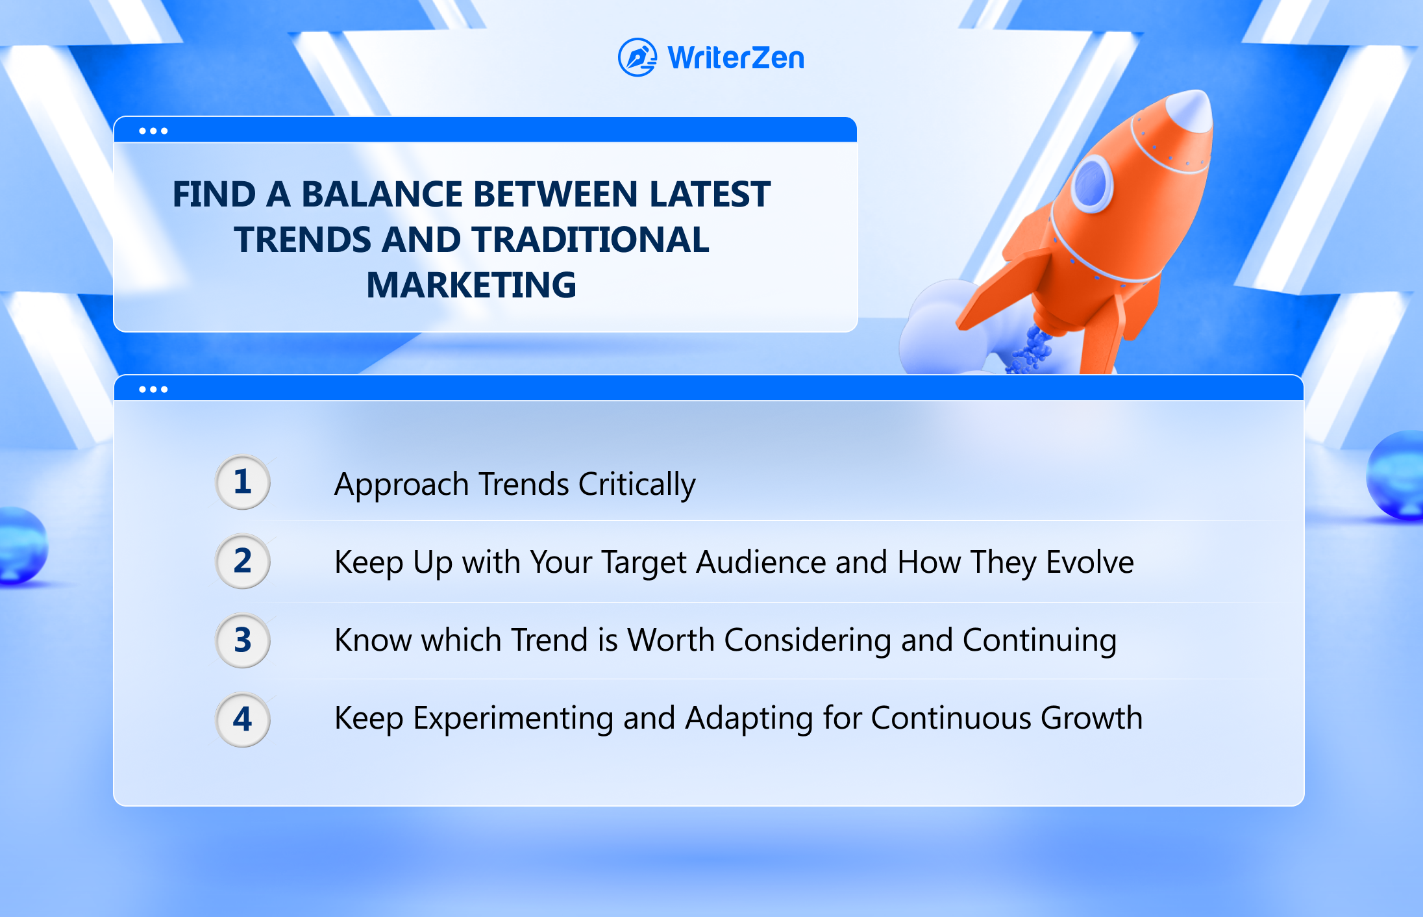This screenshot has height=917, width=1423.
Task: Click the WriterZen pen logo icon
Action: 637,57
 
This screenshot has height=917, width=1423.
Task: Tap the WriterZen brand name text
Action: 736,58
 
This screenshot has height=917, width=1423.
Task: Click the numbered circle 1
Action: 243,482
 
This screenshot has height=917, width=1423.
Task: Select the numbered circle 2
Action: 243,561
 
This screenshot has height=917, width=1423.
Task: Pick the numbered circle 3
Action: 243,640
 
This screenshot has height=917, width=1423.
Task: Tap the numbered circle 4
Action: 243,720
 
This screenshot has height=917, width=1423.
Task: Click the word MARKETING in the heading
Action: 471,285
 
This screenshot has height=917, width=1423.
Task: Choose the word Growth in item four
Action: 1091,718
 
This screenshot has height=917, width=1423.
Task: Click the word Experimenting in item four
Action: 513,719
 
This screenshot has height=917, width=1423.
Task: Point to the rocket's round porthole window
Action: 1092,183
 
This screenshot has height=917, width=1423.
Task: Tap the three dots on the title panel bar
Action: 153,131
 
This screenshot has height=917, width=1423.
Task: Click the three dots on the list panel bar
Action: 153,390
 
